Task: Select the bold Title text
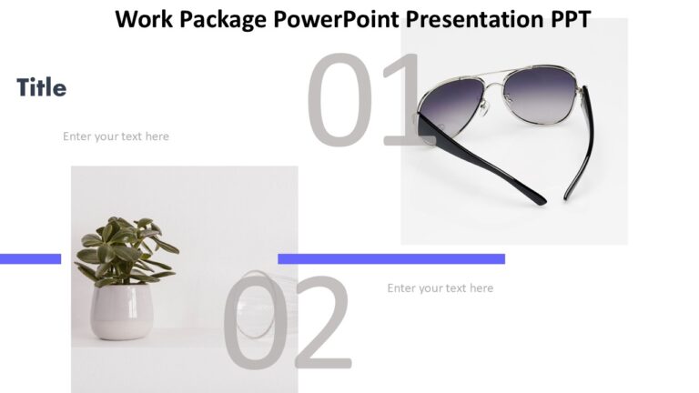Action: point(41,88)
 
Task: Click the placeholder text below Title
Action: point(116,136)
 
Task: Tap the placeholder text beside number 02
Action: point(440,288)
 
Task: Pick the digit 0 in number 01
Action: point(339,100)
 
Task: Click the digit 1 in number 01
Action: point(402,100)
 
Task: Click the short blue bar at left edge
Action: point(30,258)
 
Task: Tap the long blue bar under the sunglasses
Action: point(391,258)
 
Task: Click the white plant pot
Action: point(121,312)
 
